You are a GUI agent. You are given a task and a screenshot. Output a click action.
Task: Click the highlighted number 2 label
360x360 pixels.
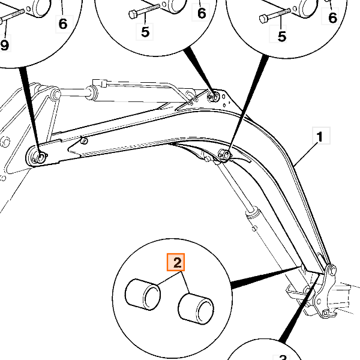click(x=177, y=263)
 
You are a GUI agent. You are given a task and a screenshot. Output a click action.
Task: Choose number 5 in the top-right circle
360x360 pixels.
click(x=282, y=36)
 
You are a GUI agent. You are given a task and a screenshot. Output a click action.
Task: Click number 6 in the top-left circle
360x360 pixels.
click(x=63, y=25)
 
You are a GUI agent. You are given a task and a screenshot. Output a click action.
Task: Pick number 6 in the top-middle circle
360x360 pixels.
click(x=202, y=13)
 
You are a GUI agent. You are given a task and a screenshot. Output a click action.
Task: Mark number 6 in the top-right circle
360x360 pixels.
click(x=333, y=18)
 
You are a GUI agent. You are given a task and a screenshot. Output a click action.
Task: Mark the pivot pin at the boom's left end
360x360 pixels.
click(x=40, y=158)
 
